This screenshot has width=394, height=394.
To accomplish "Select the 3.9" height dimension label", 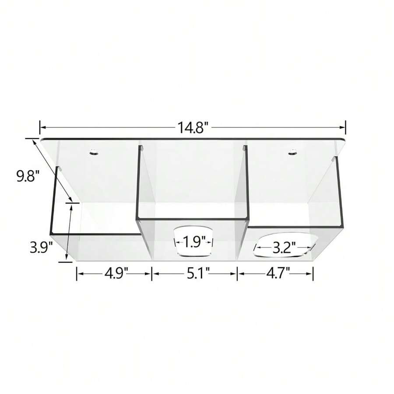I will (41, 248).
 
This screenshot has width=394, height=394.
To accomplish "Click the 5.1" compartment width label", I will (194, 274).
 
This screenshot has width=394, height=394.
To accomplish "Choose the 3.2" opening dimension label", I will (284, 248).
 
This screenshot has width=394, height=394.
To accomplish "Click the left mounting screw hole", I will (93, 152).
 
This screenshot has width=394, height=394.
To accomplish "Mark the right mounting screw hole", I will (292, 152).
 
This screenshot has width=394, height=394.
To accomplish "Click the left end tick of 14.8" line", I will (40, 127).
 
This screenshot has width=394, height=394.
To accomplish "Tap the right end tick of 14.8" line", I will (345, 127).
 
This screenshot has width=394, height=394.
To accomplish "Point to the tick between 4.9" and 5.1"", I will (152, 274).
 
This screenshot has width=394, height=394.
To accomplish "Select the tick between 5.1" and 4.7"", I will (237, 274).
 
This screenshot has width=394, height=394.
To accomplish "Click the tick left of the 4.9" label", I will (77, 274).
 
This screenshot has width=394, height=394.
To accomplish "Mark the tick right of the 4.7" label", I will (313, 274).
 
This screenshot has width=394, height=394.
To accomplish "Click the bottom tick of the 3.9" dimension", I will (65, 262).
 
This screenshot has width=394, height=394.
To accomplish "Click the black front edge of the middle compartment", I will (193, 218).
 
